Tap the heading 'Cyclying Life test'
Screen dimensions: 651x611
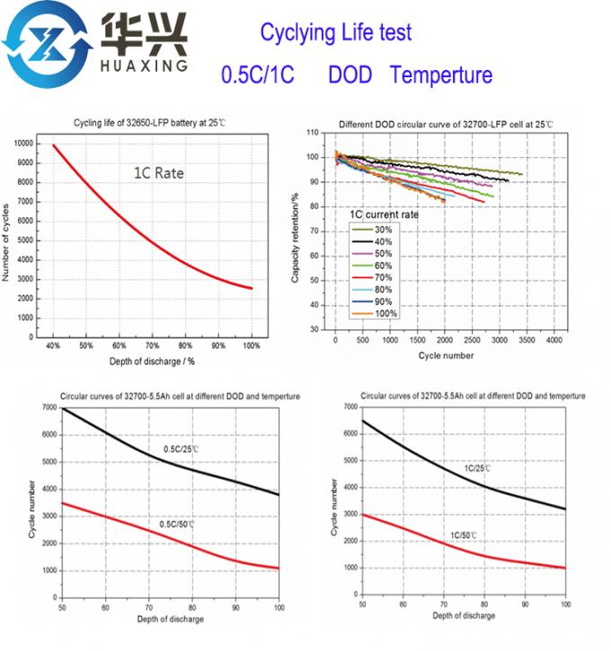tap(335, 33)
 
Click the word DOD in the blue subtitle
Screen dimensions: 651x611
tap(350, 75)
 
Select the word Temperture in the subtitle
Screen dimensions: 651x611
tap(441, 75)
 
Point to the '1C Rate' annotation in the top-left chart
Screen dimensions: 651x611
tap(160, 172)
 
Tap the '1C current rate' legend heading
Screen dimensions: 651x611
tap(385, 215)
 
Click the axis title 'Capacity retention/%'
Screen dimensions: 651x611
tap(296, 230)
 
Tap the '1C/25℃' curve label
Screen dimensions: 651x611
tap(477, 469)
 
